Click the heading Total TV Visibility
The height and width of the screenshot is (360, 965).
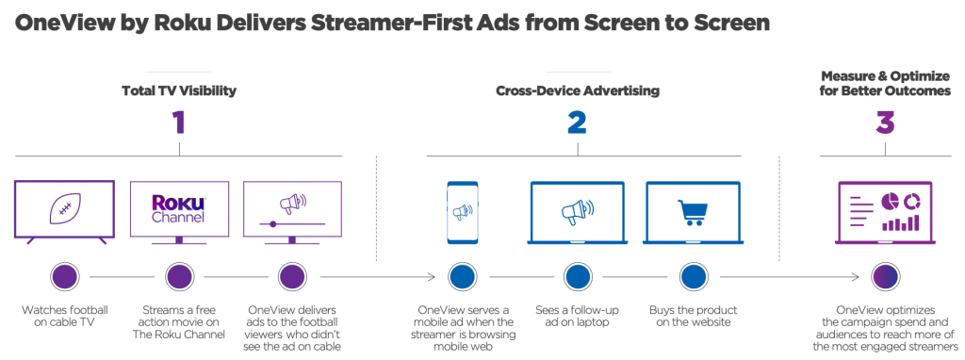click(178, 91)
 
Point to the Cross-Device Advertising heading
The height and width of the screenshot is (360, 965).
click(577, 91)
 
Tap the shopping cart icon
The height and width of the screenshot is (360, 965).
click(693, 211)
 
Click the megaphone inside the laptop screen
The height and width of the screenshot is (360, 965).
click(576, 211)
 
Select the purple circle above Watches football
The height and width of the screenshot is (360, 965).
click(64, 277)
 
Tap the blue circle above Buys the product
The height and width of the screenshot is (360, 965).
click(693, 277)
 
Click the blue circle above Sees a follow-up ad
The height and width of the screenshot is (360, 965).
click(577, 277)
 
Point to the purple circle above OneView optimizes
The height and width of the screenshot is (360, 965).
click(884, 277)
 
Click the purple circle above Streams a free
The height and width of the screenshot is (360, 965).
click(178, 277)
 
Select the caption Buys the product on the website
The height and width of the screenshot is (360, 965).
click(693, 317)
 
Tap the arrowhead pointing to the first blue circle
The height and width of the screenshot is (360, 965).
click(431, 277)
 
